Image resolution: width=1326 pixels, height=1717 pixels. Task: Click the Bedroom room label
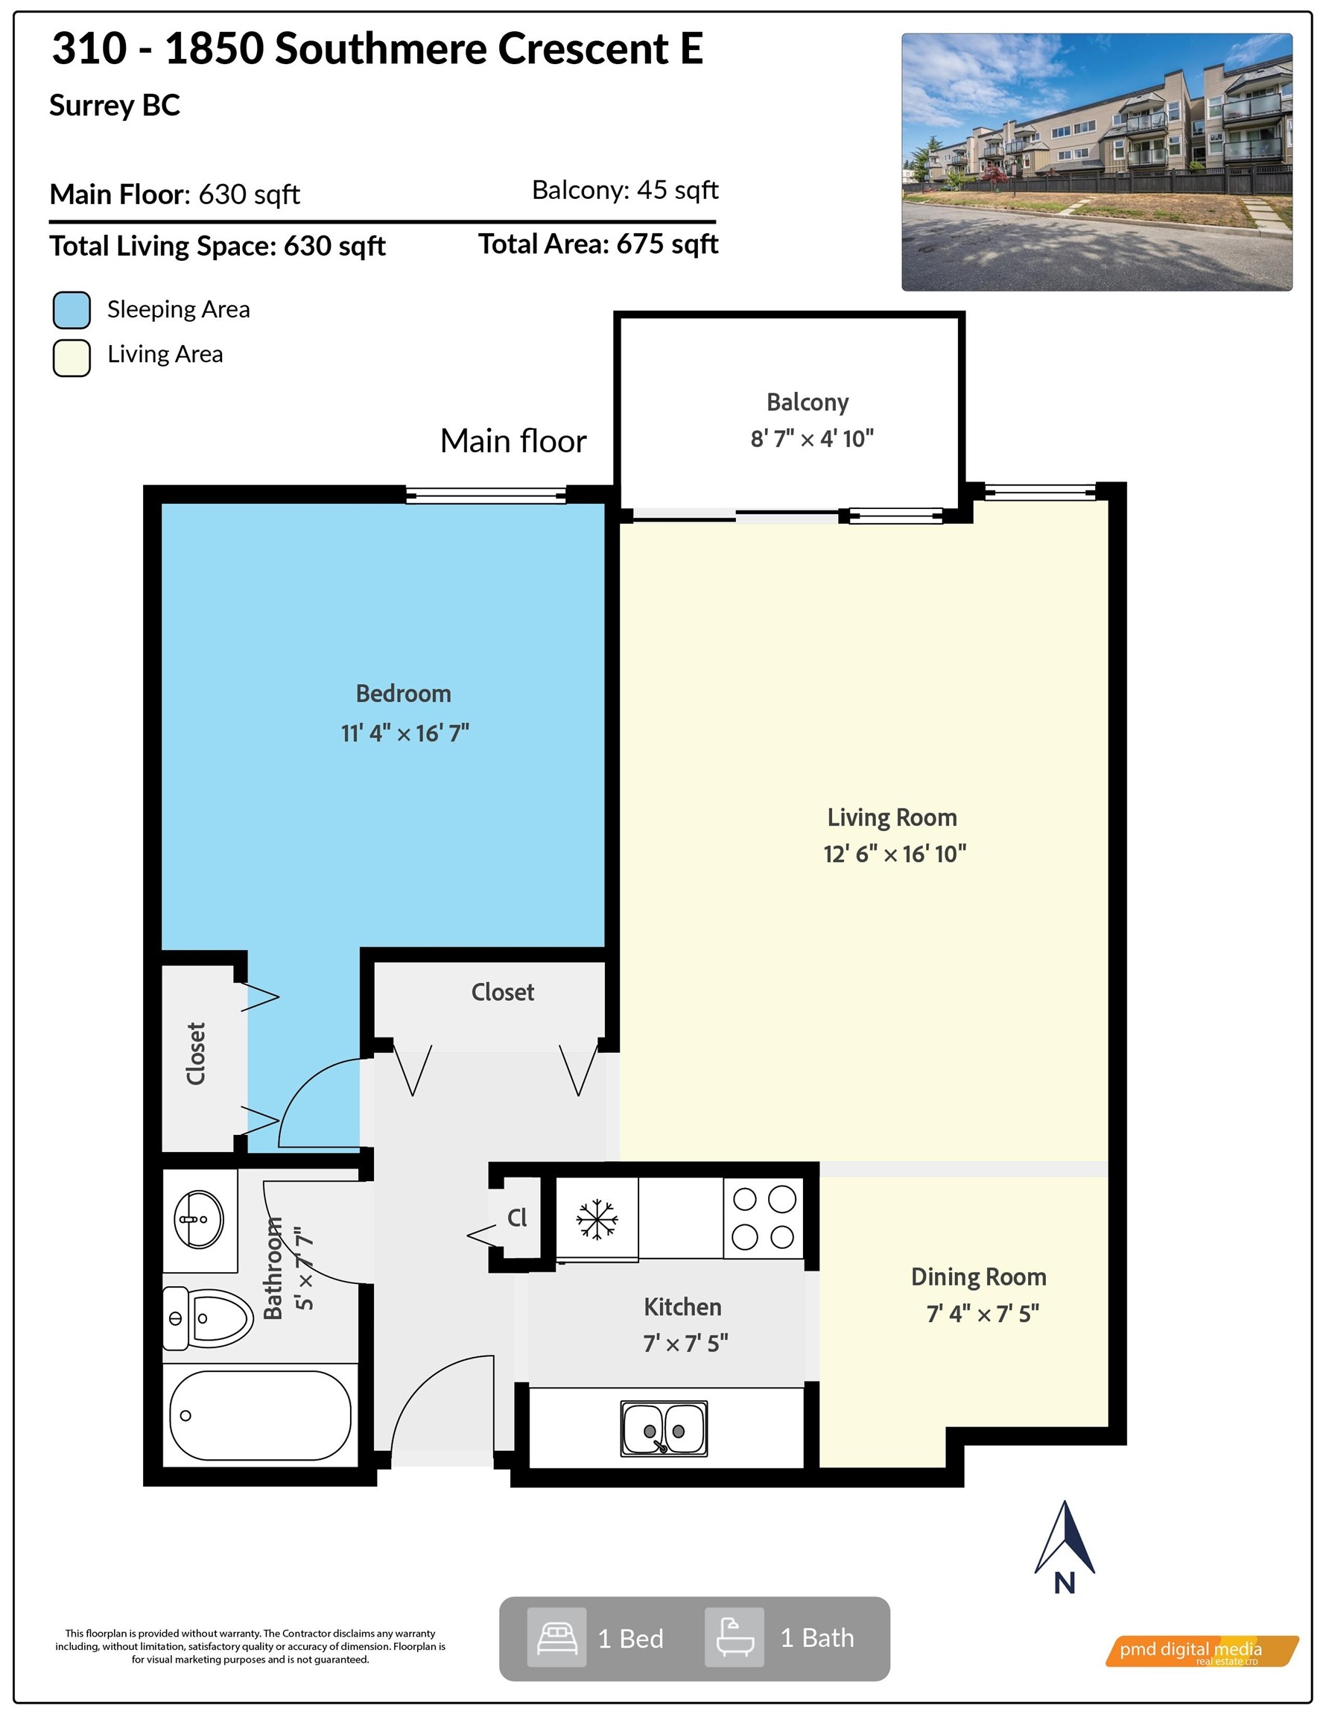coord(403,693)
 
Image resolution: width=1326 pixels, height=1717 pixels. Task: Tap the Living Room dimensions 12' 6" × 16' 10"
coord(895,854)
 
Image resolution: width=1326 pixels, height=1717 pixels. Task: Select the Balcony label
coord(808,402)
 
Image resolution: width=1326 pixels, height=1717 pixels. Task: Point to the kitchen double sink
coord(664,1429)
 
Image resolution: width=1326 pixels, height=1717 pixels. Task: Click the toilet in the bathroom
coord(209,1318)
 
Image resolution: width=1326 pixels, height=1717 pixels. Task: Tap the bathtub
coord(260,1416)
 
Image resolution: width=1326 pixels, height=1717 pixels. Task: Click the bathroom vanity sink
coord(199,1220)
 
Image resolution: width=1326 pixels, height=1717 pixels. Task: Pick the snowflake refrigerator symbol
coord(597,1219)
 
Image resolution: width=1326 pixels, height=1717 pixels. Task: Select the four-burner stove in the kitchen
coord(764,1218)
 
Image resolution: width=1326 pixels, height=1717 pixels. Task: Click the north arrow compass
coord(1065,1548)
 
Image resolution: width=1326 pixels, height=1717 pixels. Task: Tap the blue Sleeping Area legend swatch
coord(72,310)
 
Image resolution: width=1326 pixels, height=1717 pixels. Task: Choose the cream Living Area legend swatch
coord(72,358)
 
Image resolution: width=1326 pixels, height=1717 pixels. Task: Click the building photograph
coord(1097,162)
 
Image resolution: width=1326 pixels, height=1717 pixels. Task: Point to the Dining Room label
coord(979,1277)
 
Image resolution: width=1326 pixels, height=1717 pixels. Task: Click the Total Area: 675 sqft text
coord(598,244)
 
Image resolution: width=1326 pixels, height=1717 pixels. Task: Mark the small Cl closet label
coord(517,1218)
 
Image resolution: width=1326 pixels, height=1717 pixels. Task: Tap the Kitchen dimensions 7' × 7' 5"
coord(685,1344)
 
